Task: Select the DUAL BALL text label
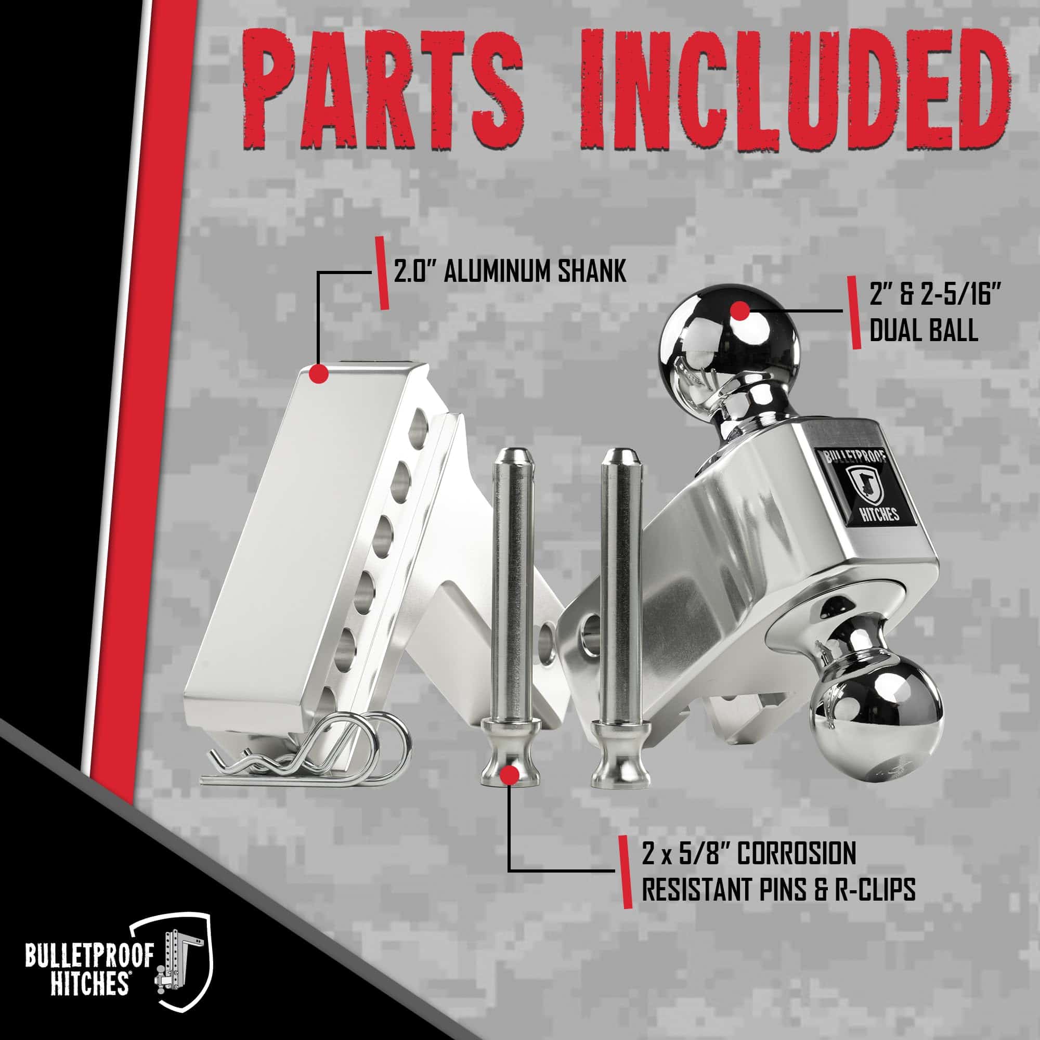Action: point(924,330)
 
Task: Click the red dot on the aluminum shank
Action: point(319,373)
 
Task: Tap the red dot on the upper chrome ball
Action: point(738,310)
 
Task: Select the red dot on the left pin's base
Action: point(509,776)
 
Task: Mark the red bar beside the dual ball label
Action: point(854,313)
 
